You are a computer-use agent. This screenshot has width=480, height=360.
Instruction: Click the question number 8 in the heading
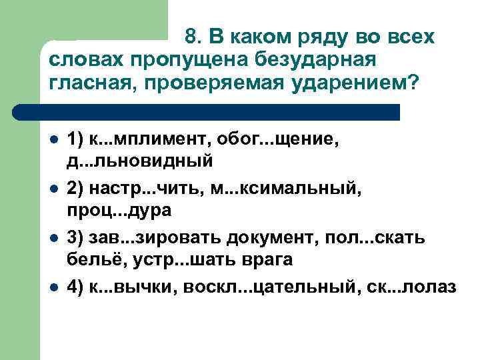191,36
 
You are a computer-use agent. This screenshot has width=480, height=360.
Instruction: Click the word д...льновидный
139,161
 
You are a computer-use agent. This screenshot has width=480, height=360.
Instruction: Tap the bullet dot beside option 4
53,287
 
